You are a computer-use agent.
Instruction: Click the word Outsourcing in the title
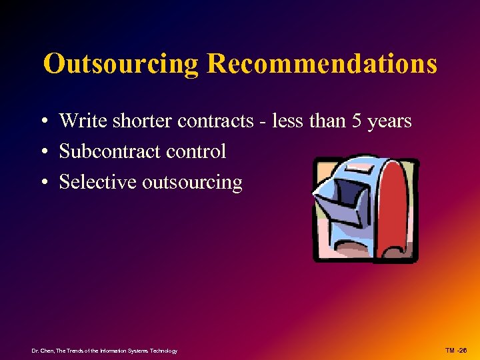pos(121,64)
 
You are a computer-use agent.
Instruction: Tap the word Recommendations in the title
pos(322,64)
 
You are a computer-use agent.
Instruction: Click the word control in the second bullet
pos(196,152)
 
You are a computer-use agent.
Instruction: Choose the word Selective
pos(98,182)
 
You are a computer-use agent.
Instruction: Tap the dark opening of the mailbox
pos(347,193)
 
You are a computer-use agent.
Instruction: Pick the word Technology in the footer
pos(163,351)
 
